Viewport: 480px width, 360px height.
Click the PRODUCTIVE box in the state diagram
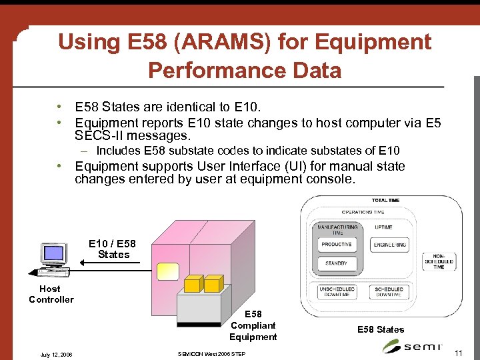coord(337,245)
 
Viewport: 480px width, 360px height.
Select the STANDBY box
coord(337,263)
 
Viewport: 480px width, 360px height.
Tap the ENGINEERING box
coord(389,245)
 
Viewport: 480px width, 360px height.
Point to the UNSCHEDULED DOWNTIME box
coord(337,292)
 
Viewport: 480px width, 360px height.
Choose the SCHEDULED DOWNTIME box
coord(389,292)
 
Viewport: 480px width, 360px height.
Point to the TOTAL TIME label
coord(385,200)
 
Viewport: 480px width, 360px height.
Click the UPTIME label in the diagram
coord(383,227)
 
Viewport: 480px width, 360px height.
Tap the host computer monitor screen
coord(53,253)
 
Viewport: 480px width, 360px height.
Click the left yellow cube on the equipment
coord(193,283)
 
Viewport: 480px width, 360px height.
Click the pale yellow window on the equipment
coord(167,271)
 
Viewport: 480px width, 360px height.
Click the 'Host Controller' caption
coord(51,294)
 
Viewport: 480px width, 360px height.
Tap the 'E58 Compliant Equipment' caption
coord(253,325)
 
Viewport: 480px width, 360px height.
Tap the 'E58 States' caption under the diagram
coord(381,329)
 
